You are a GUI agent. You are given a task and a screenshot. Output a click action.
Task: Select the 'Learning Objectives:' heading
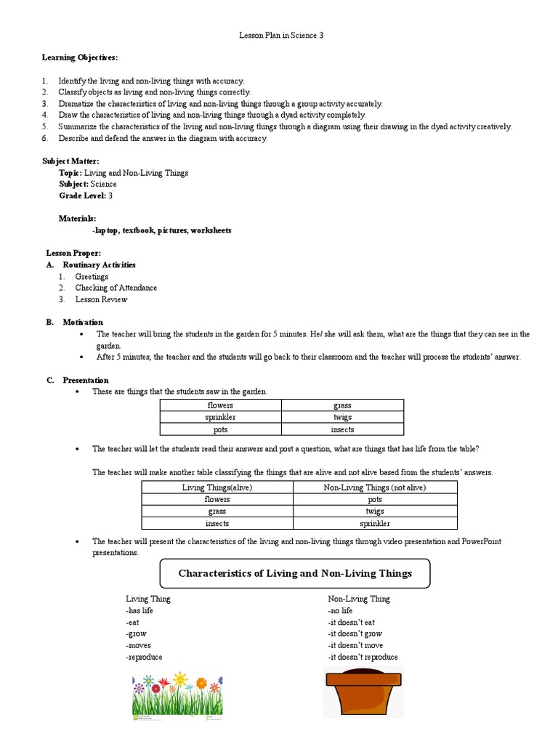tap(79, 57)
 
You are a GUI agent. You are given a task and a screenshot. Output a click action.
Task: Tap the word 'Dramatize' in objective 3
tap(78, 104)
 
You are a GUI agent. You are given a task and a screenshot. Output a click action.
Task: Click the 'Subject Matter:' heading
tap(71, 161)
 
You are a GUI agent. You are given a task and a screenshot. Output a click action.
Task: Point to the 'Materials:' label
tap(77, 219)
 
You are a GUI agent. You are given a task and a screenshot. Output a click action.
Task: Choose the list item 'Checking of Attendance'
tap(116, 288)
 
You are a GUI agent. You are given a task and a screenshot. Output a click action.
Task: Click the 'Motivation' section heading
tap(83, 322)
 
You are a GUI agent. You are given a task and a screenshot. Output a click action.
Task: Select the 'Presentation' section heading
tap(86, 380)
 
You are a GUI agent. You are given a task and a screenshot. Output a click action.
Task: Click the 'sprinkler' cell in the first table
tap(221, 417)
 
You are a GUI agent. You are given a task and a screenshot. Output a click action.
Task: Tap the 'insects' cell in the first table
tap(342, 429)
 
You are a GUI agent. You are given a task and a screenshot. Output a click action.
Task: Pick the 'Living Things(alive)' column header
tap(217, 488)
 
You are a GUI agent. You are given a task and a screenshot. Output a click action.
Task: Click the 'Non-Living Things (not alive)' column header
tap(375, 488)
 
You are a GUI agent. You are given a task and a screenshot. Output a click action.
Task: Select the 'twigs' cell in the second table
tap(375, 511)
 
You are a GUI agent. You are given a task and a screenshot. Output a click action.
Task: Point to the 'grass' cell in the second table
tap(217, 511)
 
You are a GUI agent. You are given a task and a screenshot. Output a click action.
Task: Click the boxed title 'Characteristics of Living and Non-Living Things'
tap(295, 573)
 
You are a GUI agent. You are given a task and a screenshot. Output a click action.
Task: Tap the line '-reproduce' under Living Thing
tap(144, 657)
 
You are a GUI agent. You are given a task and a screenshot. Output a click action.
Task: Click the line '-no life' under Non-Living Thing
tap(342, 610)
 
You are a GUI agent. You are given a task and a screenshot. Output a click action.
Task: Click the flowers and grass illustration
tap(177, 696)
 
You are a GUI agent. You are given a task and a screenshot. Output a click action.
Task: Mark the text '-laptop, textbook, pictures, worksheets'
tap(162, 230)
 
